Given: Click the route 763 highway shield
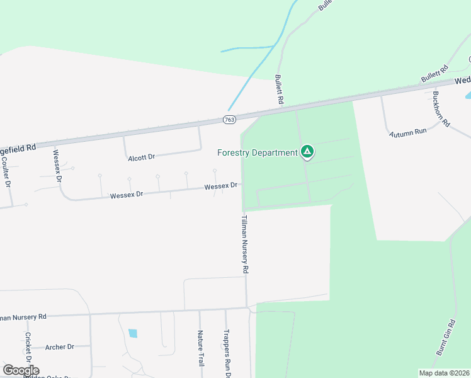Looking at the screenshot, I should (230, 120).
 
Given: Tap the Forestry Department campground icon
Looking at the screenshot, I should (307, 151).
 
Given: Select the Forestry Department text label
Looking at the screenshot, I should (257, 152).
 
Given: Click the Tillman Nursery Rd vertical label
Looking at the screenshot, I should (245, 244).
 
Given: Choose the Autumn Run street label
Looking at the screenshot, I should (408, 133).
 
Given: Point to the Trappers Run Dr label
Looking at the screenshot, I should (227, 353).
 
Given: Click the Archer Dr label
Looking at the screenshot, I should (60, 346).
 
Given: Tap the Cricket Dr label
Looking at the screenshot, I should (28, 348).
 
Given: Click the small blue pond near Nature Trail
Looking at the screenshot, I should (133, 333).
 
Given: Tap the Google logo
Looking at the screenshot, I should (21, 370).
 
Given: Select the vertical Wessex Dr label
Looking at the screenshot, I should (57, 165).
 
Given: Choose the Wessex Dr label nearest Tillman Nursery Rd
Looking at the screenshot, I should (220, 186).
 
